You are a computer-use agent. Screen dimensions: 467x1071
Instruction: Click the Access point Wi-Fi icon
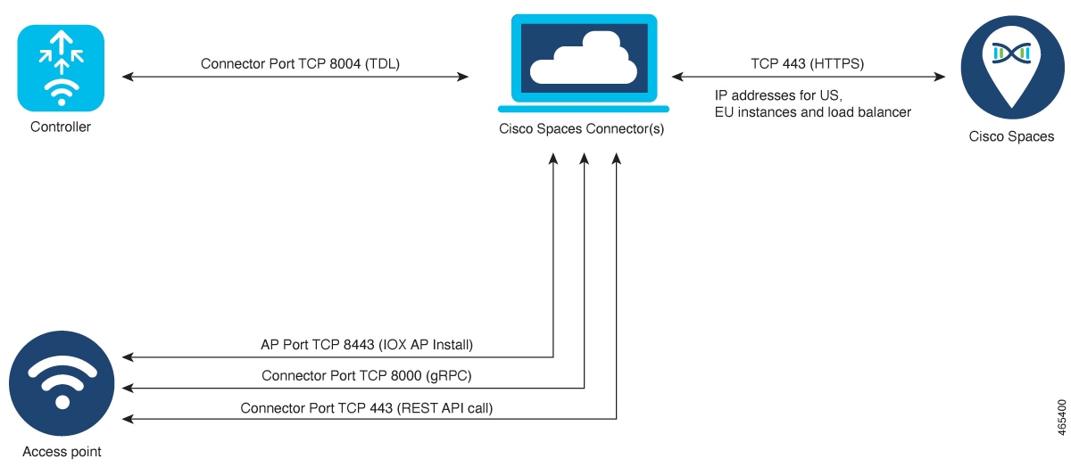pyautogui.click(x=61, y=385)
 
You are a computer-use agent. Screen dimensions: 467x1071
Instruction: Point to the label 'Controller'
pyautogui.click(x=61, y=127)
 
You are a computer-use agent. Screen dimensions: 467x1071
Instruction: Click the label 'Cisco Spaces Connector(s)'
pyautogui.click(x=581, y=130)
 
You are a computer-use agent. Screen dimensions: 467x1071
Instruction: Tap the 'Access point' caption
pyautogui.click(x=62, y=452)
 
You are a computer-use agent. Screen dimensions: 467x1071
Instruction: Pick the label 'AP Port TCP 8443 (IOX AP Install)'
pyautogui.click(x=366, y=345)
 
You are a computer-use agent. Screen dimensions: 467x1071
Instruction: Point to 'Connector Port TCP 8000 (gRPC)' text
pyautogui.click(x=366, y=376)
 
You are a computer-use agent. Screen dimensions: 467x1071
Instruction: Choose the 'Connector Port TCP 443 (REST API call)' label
pyautogui.click(x=366, y=408)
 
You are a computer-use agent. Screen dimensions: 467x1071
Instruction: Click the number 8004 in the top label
pyautogui.click(x=340, y=64)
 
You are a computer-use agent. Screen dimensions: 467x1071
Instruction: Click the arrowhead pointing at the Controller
pyautogui.click(x=127, y=78)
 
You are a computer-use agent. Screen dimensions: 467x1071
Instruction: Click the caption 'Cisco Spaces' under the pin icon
pyautogui.click(x=1011, y=137)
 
